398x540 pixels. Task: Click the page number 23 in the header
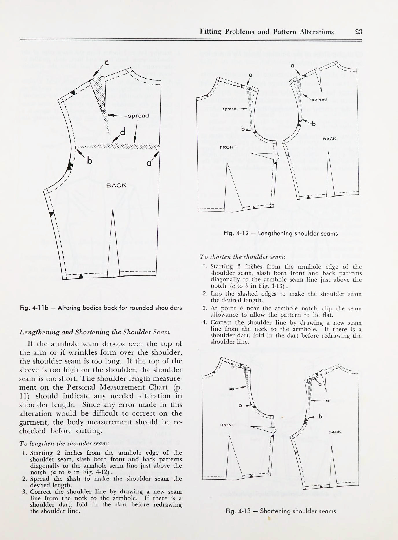[x=358, y=32]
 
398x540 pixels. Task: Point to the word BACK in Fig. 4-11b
[x=116, y=185]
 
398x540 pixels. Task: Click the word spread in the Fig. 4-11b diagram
[x=138, y=116]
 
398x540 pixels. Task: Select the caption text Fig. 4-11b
[x=37, y=308]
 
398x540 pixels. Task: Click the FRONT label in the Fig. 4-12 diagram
[x=228, y=147]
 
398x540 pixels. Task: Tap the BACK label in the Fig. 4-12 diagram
[x=329, y=138]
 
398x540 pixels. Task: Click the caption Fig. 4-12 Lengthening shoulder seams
[x=281, y=233]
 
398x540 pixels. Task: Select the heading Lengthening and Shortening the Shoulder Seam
[x=95, y=332]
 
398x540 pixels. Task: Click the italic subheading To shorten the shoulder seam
[x=243, y=257]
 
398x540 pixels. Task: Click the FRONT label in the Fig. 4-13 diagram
[x=226, y=425]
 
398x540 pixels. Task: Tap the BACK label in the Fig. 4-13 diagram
[x=335, y=432]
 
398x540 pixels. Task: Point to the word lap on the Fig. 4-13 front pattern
[x=231, y=389]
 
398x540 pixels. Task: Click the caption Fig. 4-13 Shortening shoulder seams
[x=281, y=511]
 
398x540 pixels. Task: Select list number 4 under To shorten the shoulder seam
[x=205, y=323]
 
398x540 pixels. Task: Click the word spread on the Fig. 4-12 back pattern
[x=319, y=99]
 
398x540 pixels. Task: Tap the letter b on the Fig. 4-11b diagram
[x=90, y=160]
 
